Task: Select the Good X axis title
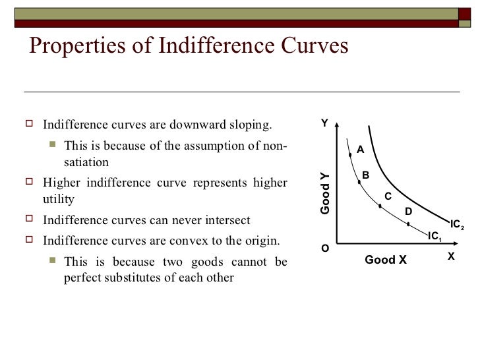(386, 260)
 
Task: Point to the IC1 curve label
(435, 235)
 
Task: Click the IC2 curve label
(458, 224)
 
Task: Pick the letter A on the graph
(360, 150)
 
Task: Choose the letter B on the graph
(365, 175)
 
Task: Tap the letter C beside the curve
(388, 196)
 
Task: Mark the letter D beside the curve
(407, 211)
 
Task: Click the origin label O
(324, 249)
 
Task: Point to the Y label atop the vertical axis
(324, 123)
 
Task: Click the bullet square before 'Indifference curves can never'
(30, 219)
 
